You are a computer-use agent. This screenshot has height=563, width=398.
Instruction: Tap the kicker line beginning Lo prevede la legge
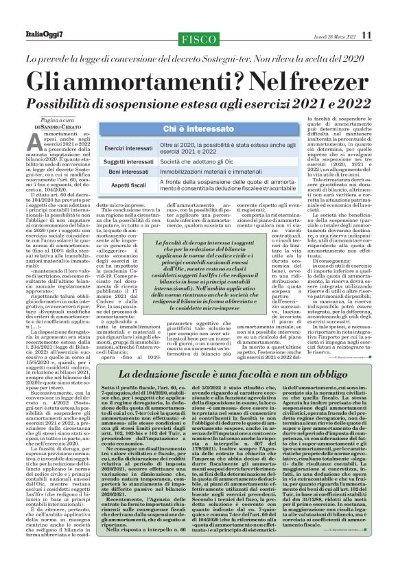199,58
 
